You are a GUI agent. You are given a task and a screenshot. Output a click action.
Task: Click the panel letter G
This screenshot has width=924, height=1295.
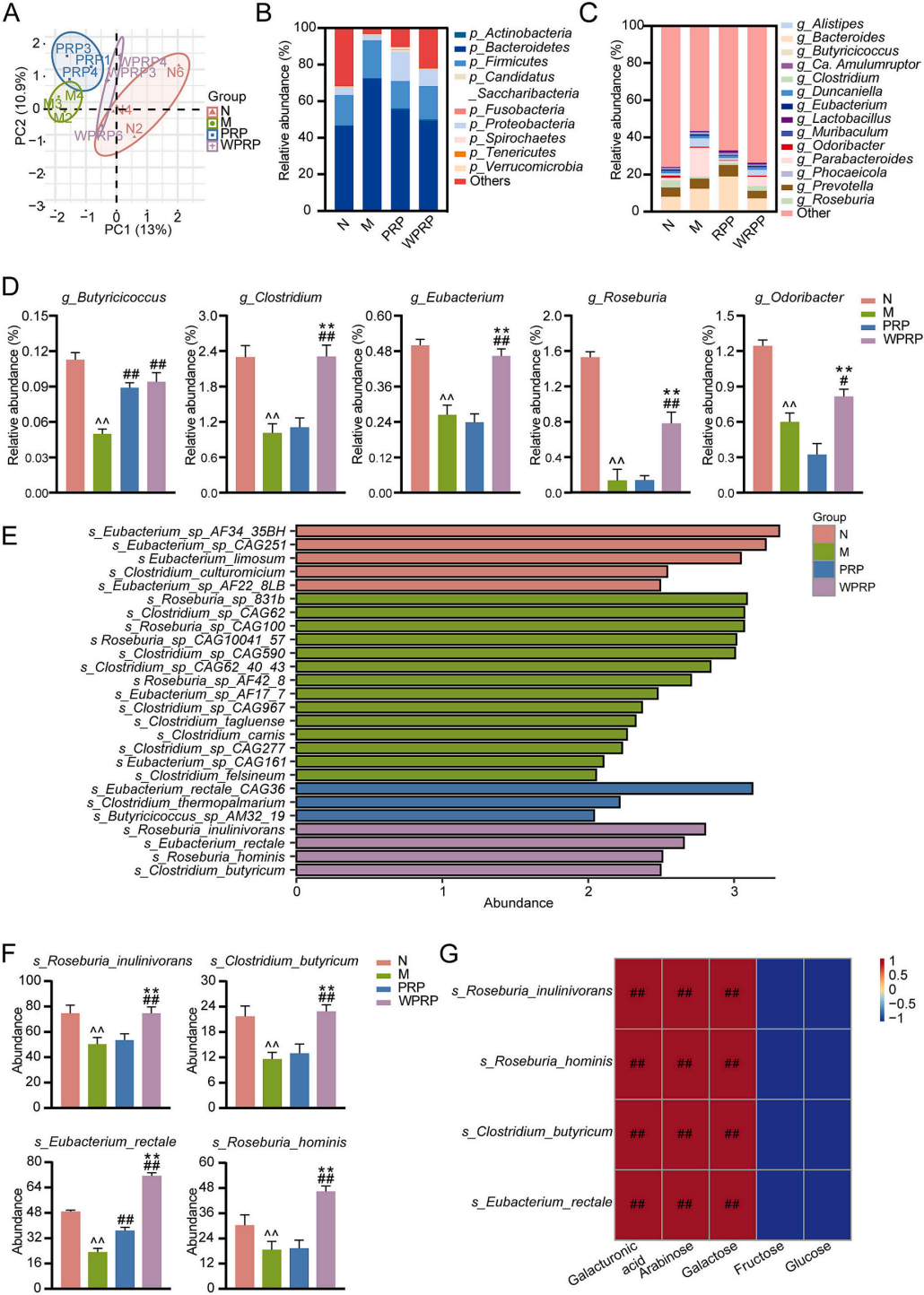(x=449, y=953)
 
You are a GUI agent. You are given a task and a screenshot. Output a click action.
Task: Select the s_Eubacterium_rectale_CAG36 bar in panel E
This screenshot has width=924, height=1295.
(x=524, y=788)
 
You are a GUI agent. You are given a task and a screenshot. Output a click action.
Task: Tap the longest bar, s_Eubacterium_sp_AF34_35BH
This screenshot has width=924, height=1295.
(x=537, y=531)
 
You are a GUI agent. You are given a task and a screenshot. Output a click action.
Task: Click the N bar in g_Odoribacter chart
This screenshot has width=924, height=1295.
(x=763, y=418)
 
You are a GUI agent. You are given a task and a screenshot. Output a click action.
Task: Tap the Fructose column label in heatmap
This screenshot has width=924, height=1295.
(x=759, y=1257)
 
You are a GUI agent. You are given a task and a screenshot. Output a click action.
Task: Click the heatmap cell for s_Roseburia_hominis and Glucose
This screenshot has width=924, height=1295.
(x=827, y=1064)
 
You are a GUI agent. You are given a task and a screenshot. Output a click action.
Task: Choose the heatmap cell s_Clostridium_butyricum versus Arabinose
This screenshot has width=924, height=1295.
(x=685, y=1134)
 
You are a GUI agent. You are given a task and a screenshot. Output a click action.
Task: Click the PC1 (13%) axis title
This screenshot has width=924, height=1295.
(x=137, y=230)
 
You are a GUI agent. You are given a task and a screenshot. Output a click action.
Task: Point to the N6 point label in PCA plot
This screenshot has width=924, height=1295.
(x=174, y=72)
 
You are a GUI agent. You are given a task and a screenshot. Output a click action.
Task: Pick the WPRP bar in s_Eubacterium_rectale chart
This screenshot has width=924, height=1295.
(x=152, y=1231)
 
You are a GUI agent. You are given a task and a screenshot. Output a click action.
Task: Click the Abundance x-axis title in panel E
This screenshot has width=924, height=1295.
(x=518, y=903)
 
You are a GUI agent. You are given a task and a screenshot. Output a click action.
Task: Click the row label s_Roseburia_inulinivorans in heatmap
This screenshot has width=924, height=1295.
(x=532, y=991)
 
